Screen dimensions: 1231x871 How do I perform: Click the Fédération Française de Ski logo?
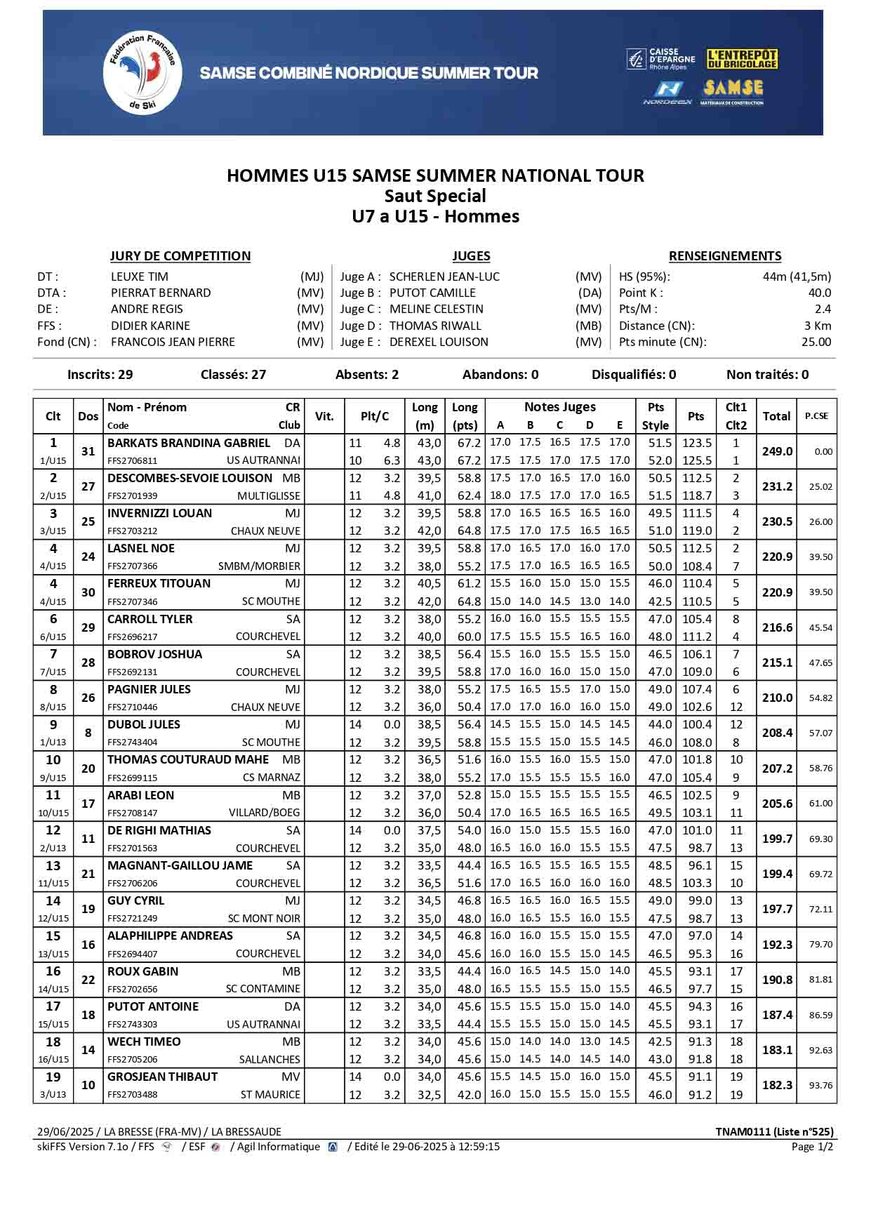coord(142,72)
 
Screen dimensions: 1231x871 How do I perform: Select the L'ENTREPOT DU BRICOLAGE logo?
coord(743,59)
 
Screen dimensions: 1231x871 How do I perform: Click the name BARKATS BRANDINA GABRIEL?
coord(188,443)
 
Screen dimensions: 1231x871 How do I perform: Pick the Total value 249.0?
coord(777,451)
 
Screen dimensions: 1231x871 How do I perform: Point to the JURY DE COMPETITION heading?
coord(180,256)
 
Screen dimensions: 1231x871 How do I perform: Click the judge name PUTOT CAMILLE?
coord(432,293)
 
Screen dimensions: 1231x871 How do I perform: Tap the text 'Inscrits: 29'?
coord(100,374)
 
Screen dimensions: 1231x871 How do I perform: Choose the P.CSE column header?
coord(816,415)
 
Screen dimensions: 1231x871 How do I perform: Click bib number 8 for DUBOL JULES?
coord(88,733)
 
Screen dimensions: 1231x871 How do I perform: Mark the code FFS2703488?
coord(133,1094)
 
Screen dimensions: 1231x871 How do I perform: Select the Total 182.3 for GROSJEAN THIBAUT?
coord(777,1085)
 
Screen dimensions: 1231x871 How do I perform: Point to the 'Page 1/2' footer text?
coord(812,1146)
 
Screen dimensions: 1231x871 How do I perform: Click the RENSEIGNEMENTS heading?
coord(724,256)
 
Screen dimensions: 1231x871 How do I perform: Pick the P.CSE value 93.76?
coord(820,1085)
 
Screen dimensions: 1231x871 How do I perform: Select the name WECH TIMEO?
coord(144,1042)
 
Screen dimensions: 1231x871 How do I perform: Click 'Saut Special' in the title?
coord(435,196)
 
